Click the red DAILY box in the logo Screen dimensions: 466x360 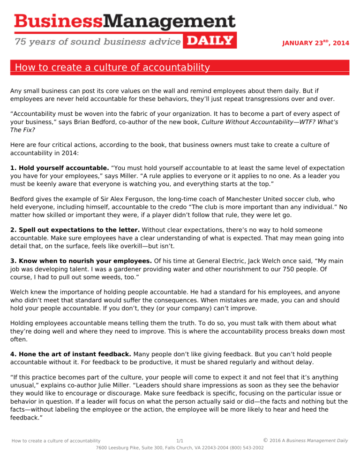click(210, 40)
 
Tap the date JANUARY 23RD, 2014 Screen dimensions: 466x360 click(315, 43)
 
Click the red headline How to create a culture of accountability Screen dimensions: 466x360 click(112, 68)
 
